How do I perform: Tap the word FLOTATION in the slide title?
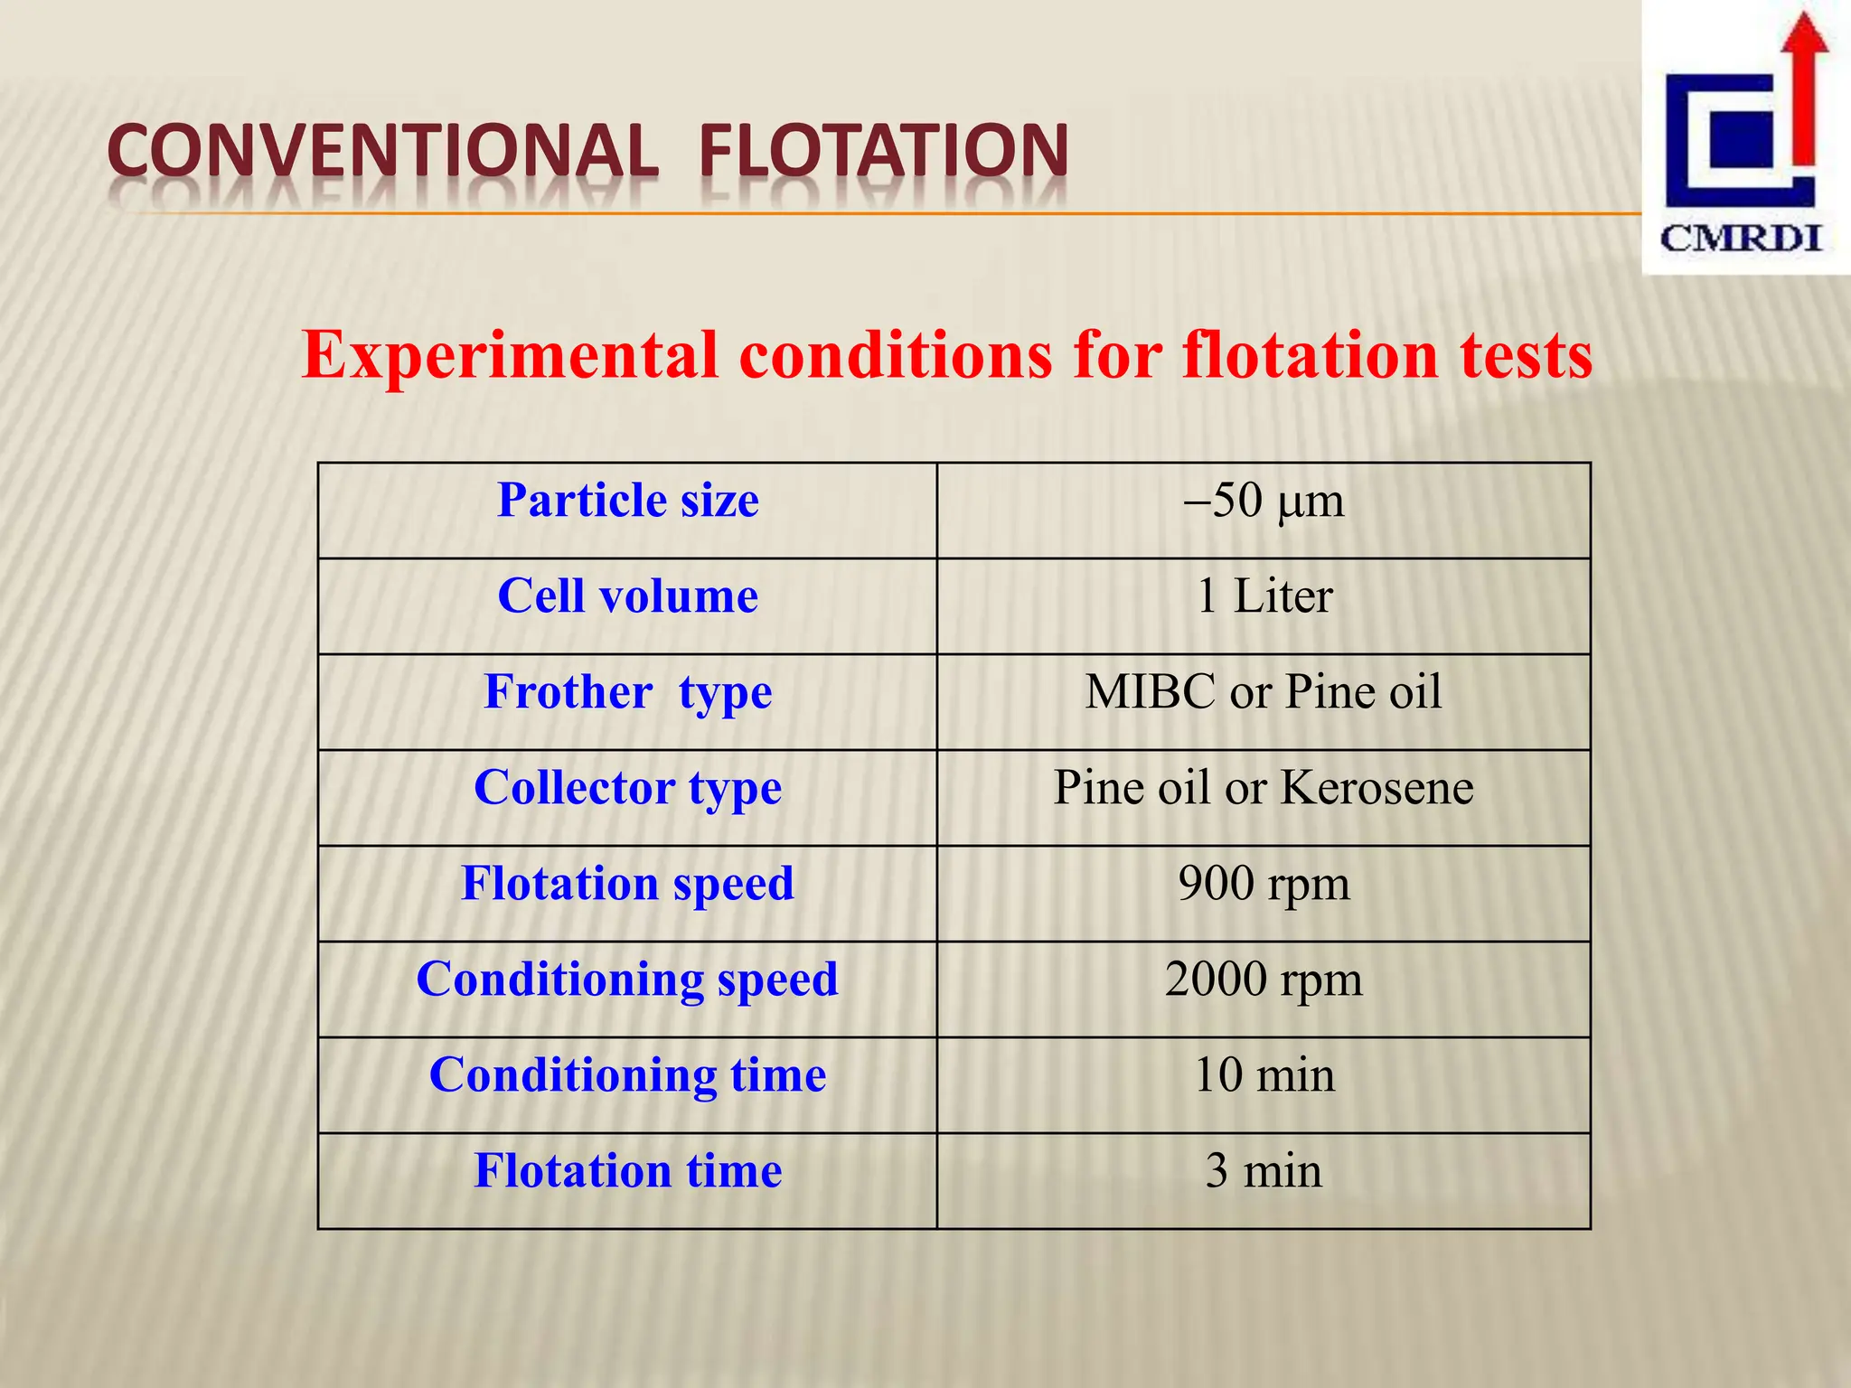coord(884,151)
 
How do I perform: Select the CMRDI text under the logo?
coord(1741,239)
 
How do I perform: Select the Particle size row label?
coord(627,501)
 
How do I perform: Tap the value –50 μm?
coord(1263,501)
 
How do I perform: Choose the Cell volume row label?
coord(627,596)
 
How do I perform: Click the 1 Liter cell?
coord(1263,596)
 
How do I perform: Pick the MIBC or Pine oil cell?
coord(1263,692)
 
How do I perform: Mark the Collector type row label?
coord(627,788)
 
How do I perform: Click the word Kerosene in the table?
coord(1377,788)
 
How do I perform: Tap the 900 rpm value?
coord(1263,884)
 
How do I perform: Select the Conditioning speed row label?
coord(627,980)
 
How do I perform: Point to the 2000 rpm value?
coord(1263,980)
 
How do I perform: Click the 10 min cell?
coord(1263,1075)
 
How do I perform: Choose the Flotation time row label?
coord(627,1171)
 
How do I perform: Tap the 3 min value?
coord(1263,1171)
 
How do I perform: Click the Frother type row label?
coord(627,692)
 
